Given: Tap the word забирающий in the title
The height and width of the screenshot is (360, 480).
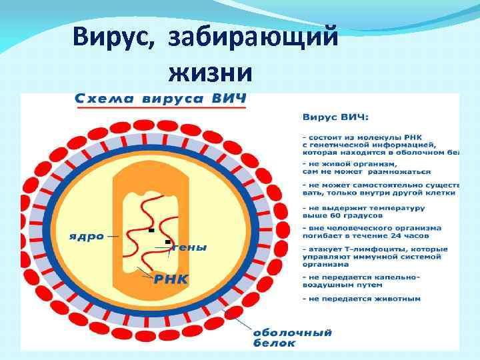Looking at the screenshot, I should (x=253, y=36).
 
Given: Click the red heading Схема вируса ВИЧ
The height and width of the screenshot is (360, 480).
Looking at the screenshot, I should (x=159, y=97).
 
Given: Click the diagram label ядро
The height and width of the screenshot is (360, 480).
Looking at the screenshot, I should (x=87, y=236).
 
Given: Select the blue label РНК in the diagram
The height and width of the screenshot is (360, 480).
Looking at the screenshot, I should (x=171, y=278).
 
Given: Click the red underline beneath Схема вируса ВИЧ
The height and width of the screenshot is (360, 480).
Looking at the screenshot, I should (x=159, y=107).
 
